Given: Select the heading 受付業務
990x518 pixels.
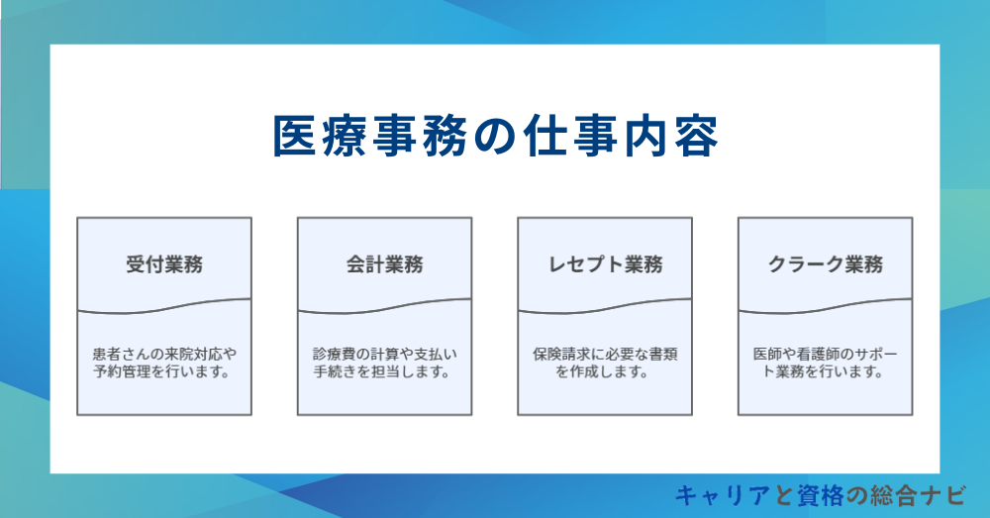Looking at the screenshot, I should click(164, 264).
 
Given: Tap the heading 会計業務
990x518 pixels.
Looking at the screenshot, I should click(385, 264).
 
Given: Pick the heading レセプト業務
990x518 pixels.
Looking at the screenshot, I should click(605, 264).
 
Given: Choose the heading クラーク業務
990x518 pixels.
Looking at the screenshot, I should click(826, 264).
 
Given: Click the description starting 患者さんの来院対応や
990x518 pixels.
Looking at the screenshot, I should click(164, 363).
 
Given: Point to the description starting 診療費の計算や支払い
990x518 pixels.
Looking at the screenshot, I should click(385, 363).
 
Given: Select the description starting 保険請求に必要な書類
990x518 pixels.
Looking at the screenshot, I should click(605, 363).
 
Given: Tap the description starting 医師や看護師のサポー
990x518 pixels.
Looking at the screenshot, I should click(826, 363).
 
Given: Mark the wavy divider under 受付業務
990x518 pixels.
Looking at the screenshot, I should click(164, 306).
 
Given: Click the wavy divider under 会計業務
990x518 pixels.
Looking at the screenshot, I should click(385, 306).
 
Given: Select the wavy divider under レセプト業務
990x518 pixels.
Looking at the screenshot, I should click(605, 306).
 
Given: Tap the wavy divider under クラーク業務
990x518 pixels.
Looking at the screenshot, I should click(826, 306).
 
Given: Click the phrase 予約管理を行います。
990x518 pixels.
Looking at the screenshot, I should click(164, 373).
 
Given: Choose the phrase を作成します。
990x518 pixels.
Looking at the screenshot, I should click(605, 373).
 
